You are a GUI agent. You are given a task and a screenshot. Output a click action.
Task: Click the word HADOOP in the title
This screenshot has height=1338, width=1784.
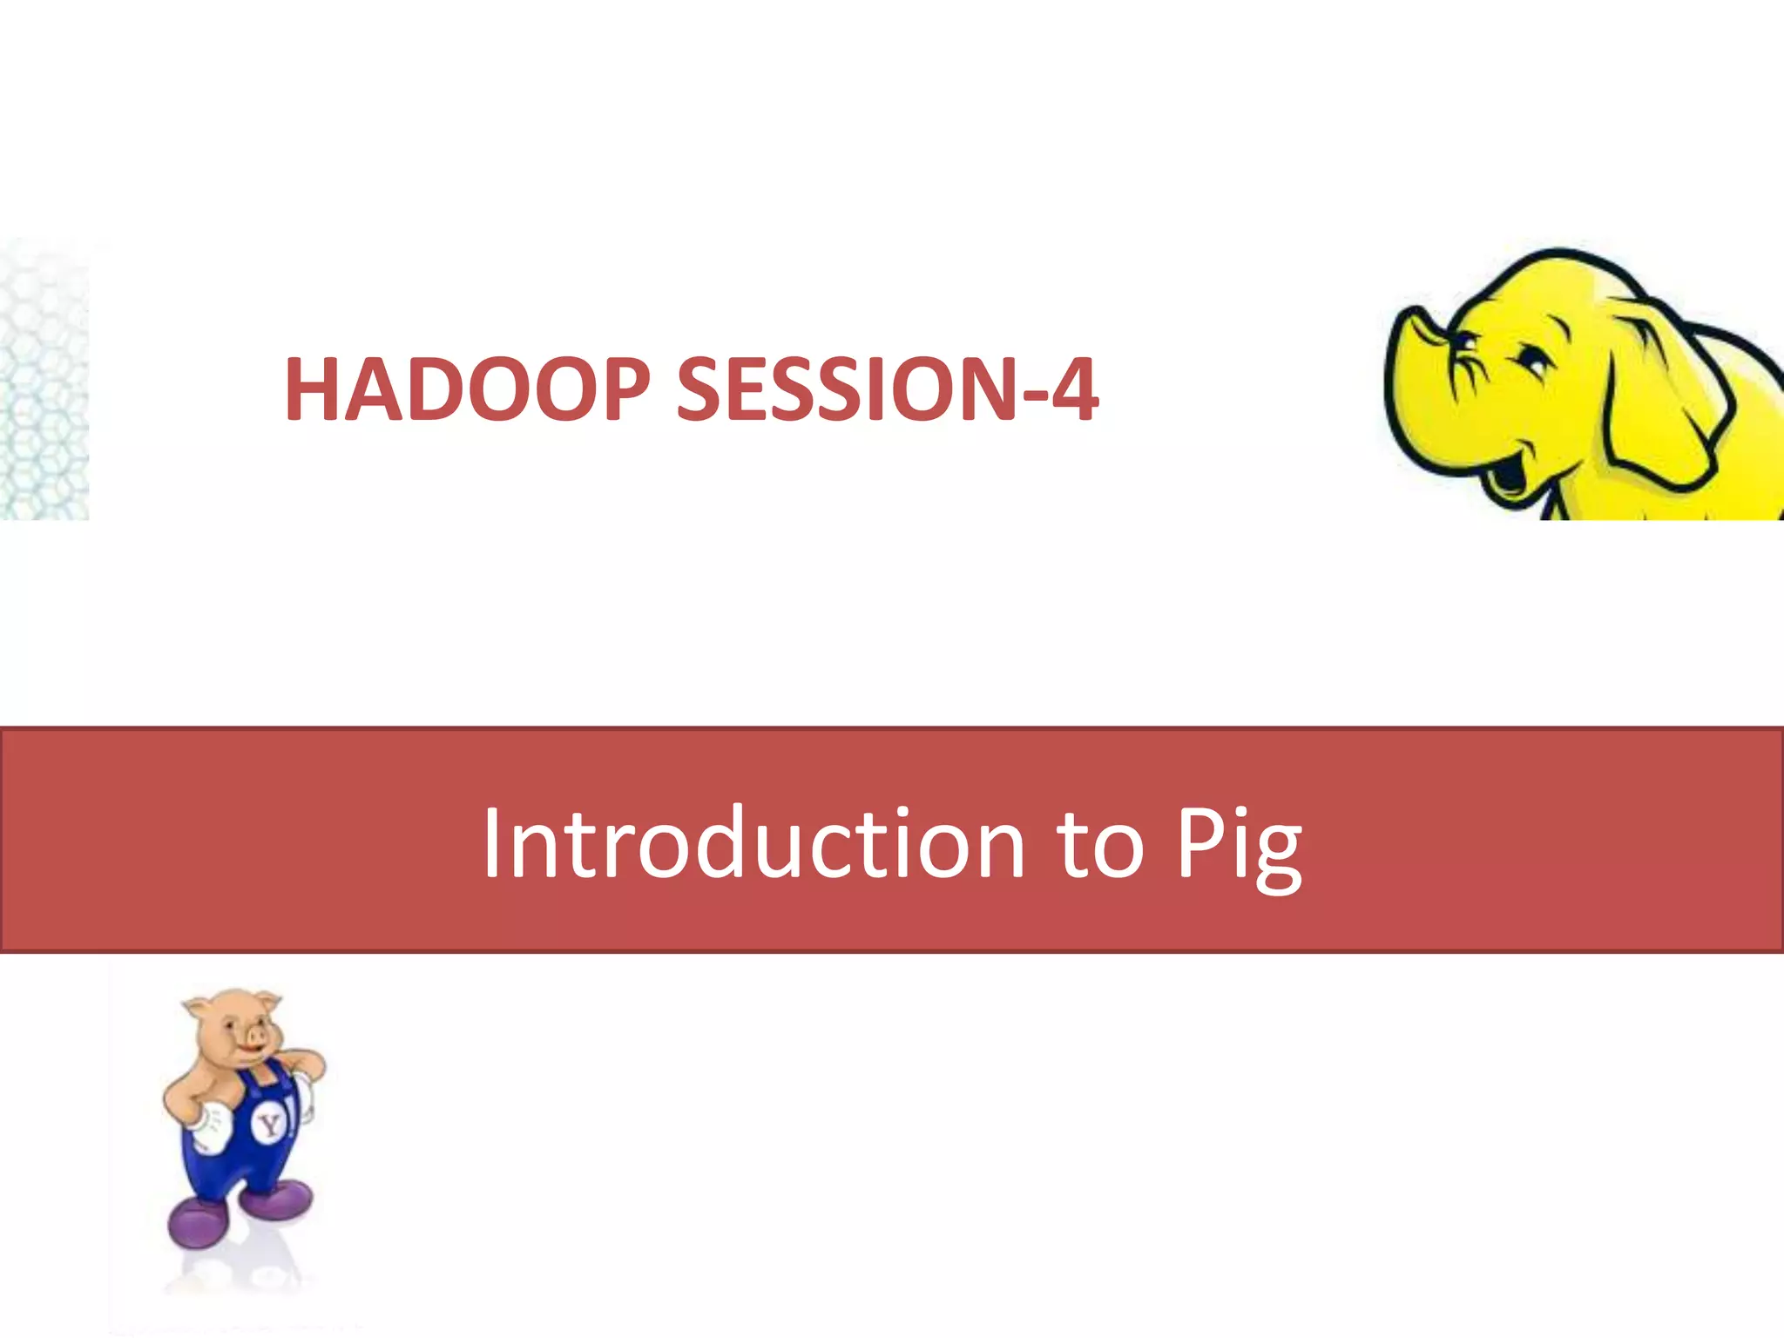pos(467,389)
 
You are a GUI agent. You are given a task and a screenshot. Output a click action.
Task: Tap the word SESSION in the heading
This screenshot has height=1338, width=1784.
pos(843,389)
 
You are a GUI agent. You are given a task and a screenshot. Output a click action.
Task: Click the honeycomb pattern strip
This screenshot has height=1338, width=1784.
pos(44,383)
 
